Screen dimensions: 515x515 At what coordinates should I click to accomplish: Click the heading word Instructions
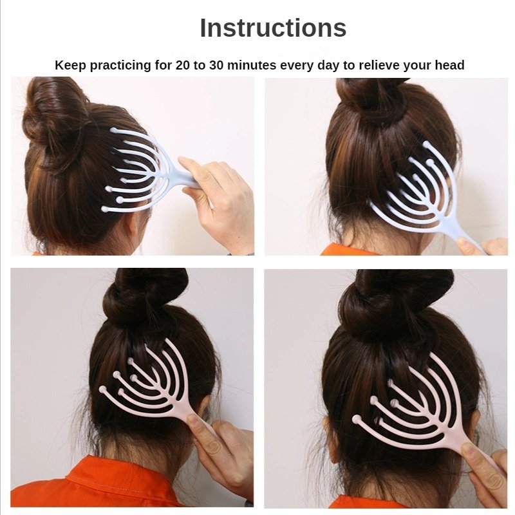[273, 28]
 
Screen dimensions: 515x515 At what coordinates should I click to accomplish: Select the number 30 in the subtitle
[217, 65]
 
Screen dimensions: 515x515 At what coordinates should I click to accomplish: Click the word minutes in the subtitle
[252, 65]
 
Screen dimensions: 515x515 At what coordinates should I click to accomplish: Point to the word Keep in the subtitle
[71, 65]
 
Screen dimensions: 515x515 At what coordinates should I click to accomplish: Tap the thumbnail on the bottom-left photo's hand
[192, 419]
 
